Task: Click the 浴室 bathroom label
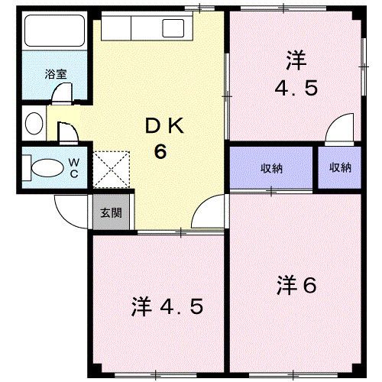pos(55,74)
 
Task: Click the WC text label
pos(74,167)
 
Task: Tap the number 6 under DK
pos(160,151)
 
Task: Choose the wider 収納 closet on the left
pos(271,168)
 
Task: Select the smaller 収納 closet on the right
pos(340,168)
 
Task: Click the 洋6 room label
pos(296,286)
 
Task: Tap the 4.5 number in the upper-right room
pos(296,87)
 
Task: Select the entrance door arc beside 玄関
pos(68,207)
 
